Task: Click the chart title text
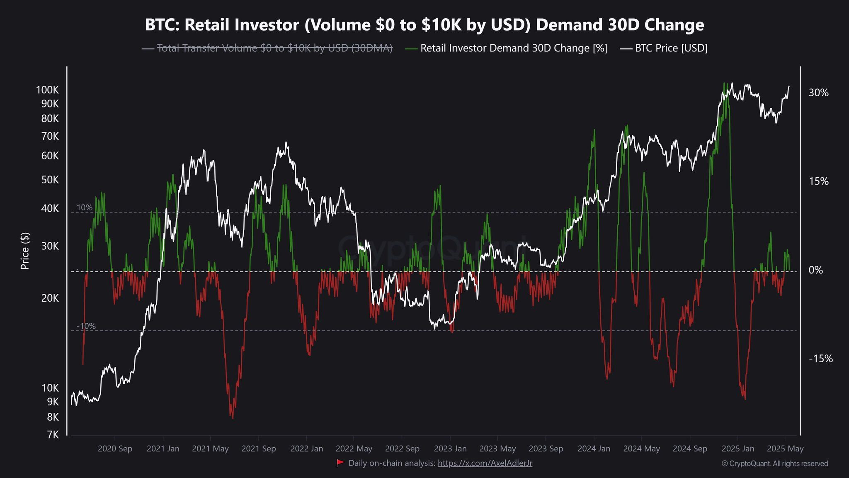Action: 424,25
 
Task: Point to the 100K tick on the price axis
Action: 47,90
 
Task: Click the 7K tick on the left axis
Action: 53,434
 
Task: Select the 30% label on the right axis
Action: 818,93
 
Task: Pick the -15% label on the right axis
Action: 820,359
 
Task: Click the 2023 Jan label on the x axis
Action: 450,449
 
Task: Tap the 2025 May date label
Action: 785,449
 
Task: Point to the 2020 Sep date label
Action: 115,449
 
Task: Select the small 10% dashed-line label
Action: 85,207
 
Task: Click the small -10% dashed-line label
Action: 86,326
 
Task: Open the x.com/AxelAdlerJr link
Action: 485,463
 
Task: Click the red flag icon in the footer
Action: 340,463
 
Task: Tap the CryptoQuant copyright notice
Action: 774,463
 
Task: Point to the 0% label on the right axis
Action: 815,270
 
